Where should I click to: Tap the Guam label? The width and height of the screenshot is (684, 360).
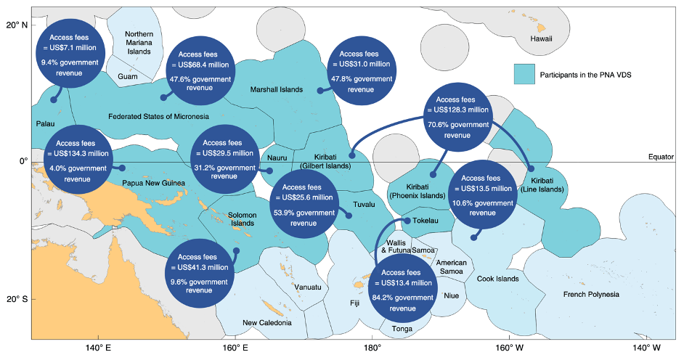tap(127, 76)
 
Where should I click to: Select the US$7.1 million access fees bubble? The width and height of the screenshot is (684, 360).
tap(70, 52)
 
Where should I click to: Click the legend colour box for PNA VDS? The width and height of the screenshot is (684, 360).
tap(524, 74)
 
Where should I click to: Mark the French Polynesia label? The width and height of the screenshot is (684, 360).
tap(591, 294)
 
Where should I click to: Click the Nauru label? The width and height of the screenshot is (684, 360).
tap(277, 157)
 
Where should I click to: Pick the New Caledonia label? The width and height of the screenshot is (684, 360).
tap(267, 322)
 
